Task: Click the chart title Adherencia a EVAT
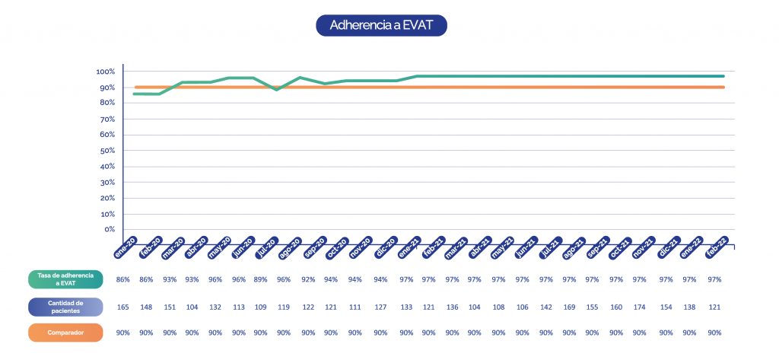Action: pyautogui.click(x=381, y=24)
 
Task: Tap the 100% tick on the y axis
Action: pyautogui.click(x=105, y=72)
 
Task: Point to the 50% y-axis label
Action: pyautogui.click(x=107, y=151)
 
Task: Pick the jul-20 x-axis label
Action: pyautogui.click(x=265, y=247)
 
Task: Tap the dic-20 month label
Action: pyautogui.click(x=386, y=247)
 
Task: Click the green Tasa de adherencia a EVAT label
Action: pyautogui.click(x=65, y=280)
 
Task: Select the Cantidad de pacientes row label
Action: pyautogui.click(x=65, y=307)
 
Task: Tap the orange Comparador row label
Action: pyautogui.click(x=65, y=333)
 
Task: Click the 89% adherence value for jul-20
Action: pyautogui.click(x=261, y=280)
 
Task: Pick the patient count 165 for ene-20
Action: pyautogui.click(x=122, y=307)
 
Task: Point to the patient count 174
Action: pyautogui.click(x=639, y=307)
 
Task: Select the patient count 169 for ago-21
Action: pyautogui.click(x=569, y=307)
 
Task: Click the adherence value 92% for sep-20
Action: pyautogui.click(x=308, y=280)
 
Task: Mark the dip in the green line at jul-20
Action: pyautogui.click(x=277, y=89)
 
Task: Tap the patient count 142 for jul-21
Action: pyautogui.click(x=545, y=307)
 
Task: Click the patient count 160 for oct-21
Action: pyautogui.click(x=616, y=307)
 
